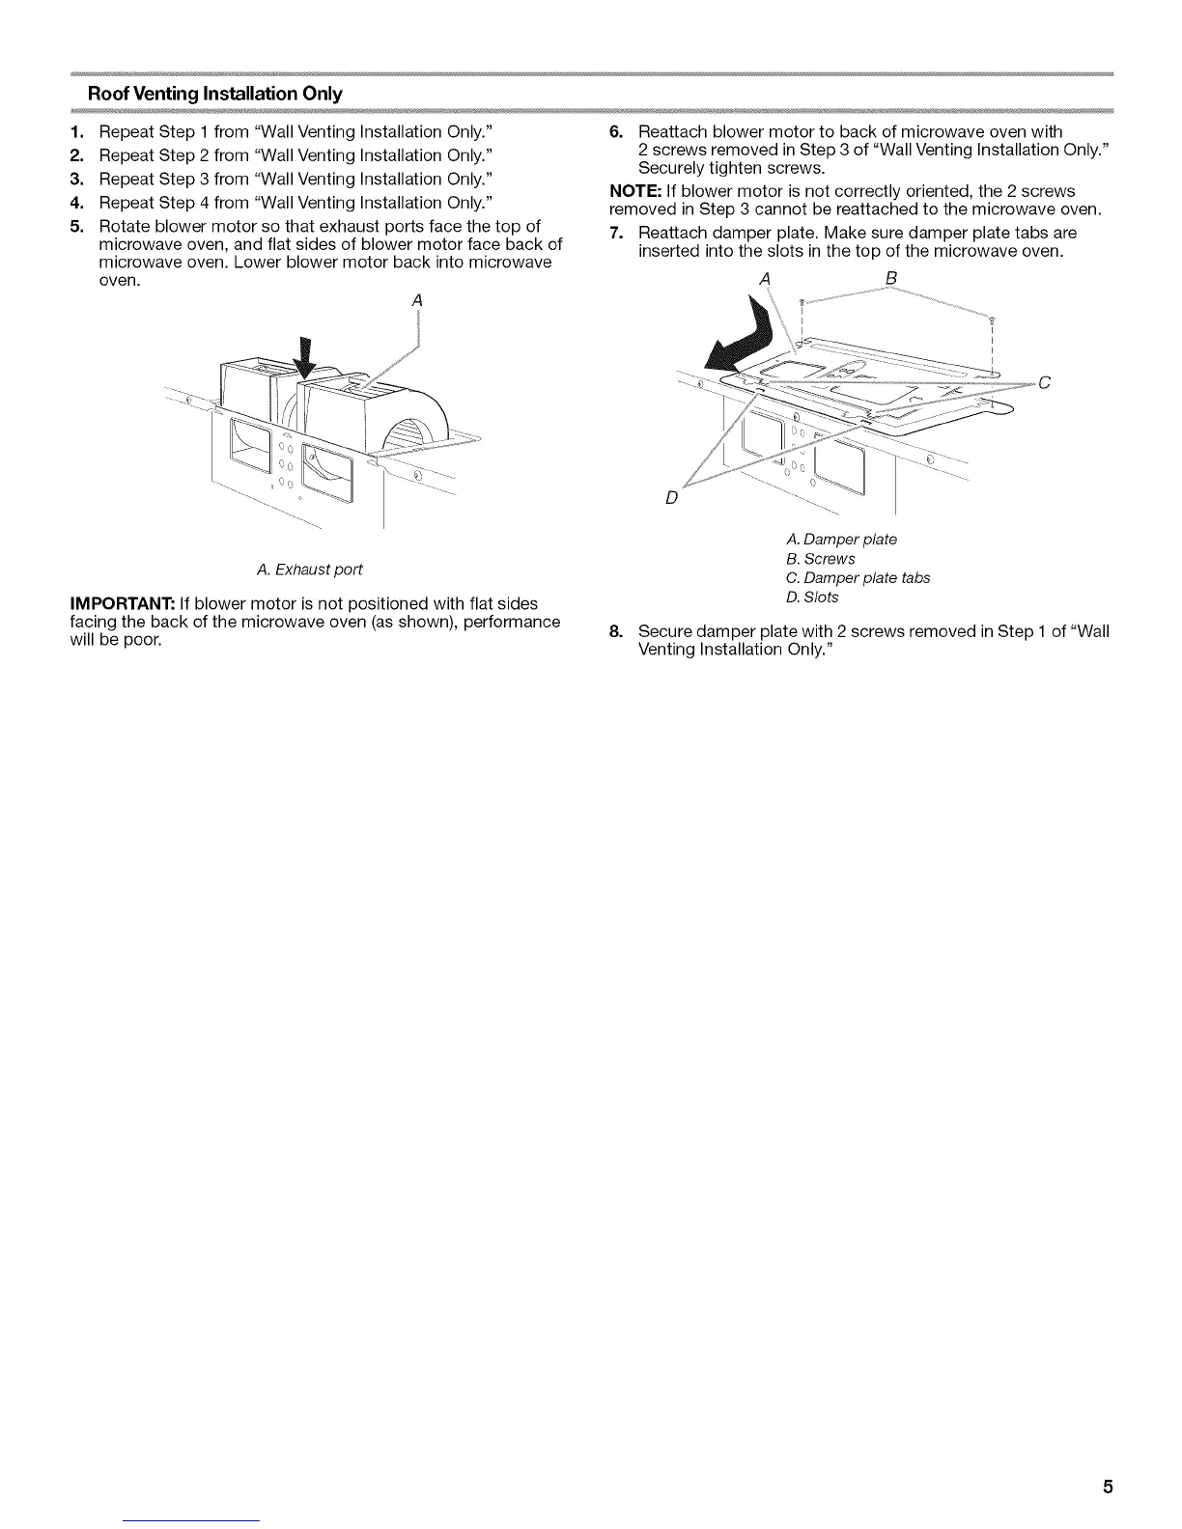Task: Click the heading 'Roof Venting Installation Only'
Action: (x=214, y=95)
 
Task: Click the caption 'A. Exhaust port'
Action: (x=309, y=570)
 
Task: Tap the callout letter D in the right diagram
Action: (x=672, y=498)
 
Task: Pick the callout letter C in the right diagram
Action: (x=1044, y=383)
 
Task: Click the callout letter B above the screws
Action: (x=890, y=278)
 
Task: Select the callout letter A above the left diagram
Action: (x=417, y=300)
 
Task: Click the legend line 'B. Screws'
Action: (x=821, y=559)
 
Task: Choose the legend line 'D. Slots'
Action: (x=813, y=598)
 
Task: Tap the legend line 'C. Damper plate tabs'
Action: (x=858, y=578)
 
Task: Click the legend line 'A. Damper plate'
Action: (x=842, y=540)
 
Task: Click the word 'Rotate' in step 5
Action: (x=124, y=227)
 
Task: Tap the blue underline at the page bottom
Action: (x=191, y=1521)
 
